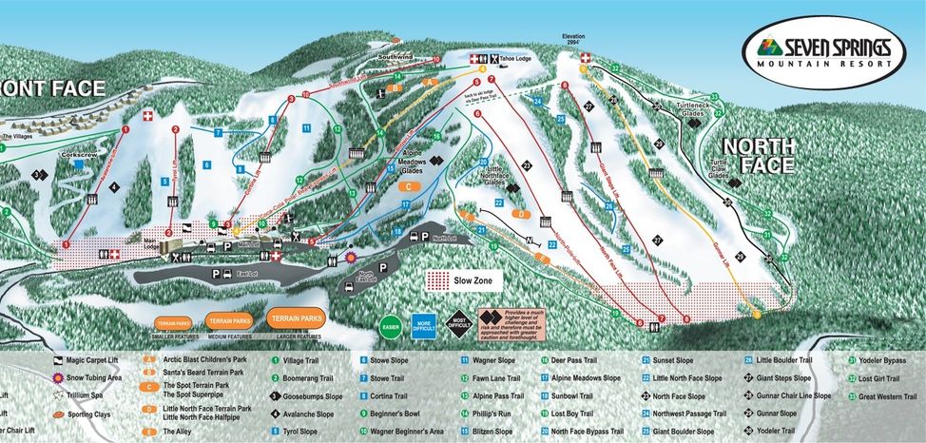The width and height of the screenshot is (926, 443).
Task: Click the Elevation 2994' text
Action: (570, 40)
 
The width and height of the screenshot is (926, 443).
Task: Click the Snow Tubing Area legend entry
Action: (94, 377)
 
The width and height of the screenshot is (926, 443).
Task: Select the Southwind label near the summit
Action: (394, 57)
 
